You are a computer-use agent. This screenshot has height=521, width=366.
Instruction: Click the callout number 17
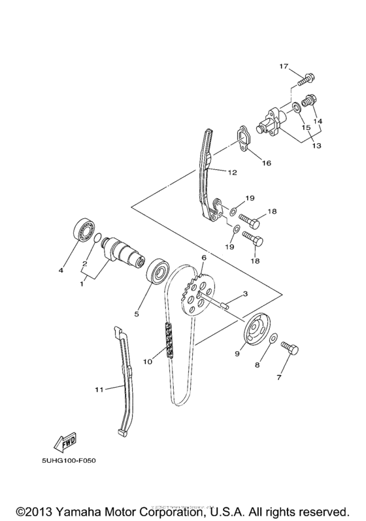(x=284, y=67)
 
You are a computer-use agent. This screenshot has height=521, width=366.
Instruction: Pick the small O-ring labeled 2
(x=97, y=239)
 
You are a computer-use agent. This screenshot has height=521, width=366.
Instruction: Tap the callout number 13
(x=316, y=146)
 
